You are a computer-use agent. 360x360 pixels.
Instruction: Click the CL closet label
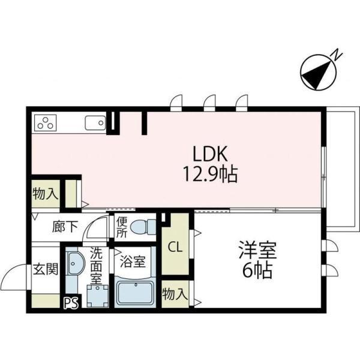(175, 247)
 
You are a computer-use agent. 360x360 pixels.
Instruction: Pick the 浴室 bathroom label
(134, 262)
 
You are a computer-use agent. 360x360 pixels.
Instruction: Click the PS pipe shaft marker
(70, 303)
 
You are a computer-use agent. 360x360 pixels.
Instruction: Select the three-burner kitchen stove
(46, 124)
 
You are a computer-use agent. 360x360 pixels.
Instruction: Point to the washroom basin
(76, 263)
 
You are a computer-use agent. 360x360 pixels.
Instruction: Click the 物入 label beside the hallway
(45, 193)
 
